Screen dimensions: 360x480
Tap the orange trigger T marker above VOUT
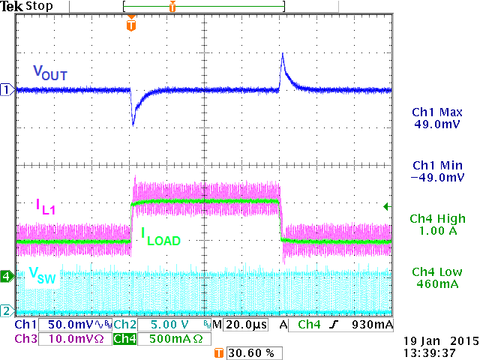coord(132,25)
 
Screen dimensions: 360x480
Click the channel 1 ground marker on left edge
coord(7,90)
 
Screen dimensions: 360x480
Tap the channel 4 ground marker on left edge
coord(7,276)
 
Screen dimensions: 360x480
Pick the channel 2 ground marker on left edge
coord(7,310)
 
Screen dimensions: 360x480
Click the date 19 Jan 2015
coord(435,340)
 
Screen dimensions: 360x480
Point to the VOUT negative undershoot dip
coord(133,122)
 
